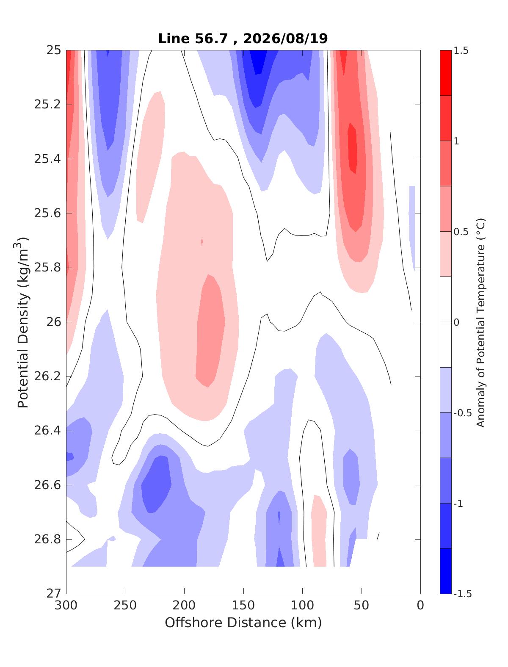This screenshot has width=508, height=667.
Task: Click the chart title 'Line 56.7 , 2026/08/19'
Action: pos(243,39)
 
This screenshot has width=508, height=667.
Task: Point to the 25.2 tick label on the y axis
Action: pos(47,104)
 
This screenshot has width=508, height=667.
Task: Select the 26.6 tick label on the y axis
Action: pos(47,485)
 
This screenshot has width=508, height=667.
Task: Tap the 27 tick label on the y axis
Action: pos(53,594)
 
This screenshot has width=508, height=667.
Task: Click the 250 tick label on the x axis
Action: pos(125,606)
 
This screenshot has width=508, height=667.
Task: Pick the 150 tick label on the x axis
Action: pos(243,606)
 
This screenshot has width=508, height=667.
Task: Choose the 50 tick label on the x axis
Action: pos(362,606)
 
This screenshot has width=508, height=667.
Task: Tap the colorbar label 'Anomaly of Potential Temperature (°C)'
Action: pos(480,323)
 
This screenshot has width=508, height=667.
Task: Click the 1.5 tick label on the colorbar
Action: pos(461,50)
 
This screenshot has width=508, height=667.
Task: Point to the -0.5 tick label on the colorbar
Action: pos(462,413)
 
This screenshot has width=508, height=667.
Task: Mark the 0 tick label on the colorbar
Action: pos(456,322)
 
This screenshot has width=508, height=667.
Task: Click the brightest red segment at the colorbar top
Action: pos(445,73)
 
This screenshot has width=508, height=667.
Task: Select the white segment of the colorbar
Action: pos(445,322)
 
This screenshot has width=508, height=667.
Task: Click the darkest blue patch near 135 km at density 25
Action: pos(258,61)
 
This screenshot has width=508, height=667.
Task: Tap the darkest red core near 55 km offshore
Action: pos(352,148)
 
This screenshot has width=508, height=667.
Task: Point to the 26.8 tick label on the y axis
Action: pos(47,540)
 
